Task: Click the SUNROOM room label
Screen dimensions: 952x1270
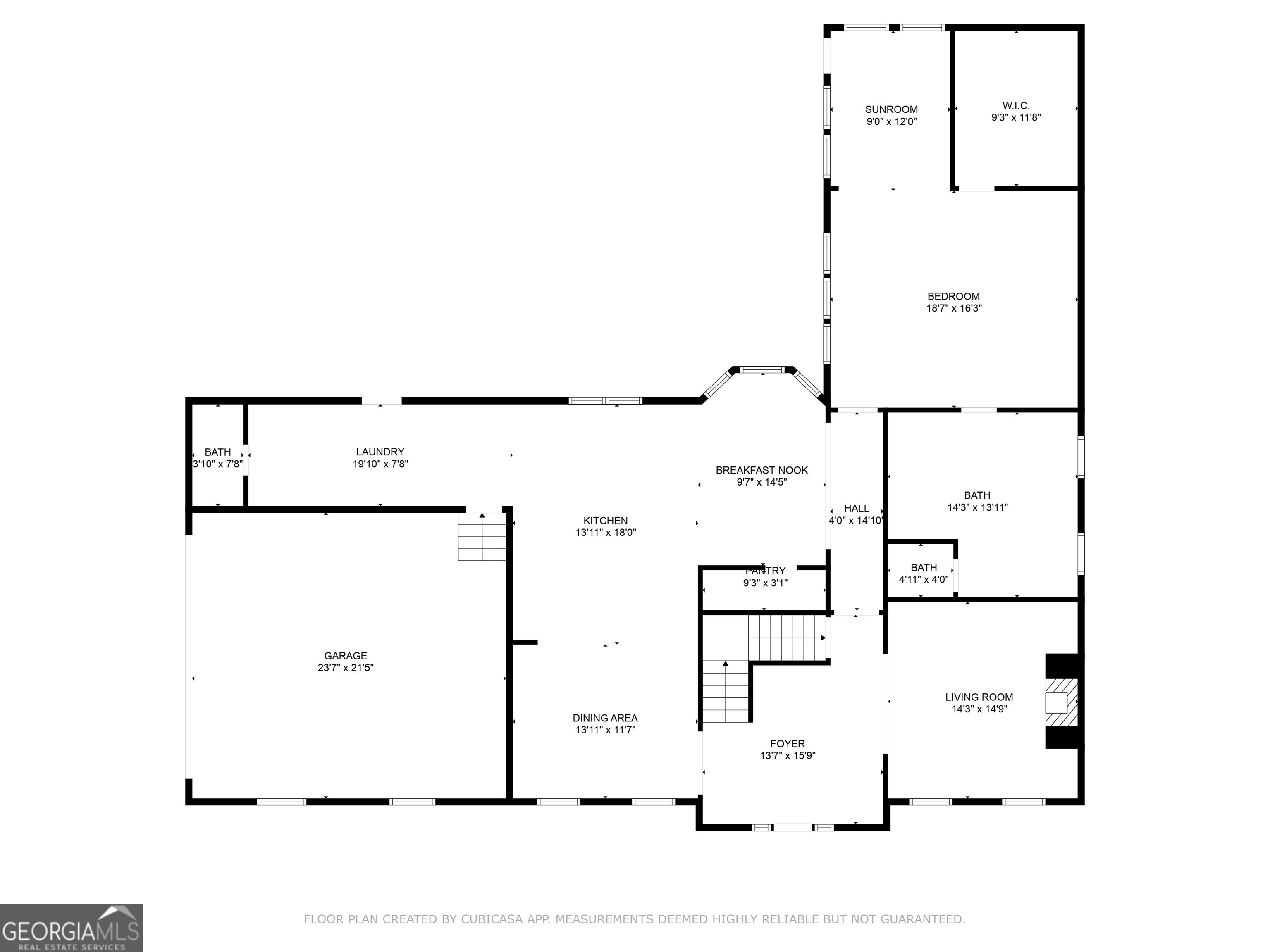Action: point(891,109)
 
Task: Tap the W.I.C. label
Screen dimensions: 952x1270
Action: point(1016,106)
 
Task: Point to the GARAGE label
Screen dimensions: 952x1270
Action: point(345,655)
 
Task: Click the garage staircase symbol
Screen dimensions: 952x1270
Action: point(482,537)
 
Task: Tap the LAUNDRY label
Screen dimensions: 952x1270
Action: point(380,452)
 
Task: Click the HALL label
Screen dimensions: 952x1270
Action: point(856,508)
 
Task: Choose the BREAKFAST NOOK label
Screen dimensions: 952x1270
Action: point(762,470)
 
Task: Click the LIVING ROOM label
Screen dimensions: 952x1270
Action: point(979,697)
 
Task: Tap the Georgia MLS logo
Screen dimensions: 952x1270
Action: point(71,928)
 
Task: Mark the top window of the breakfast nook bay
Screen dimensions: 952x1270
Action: point(762,369)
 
